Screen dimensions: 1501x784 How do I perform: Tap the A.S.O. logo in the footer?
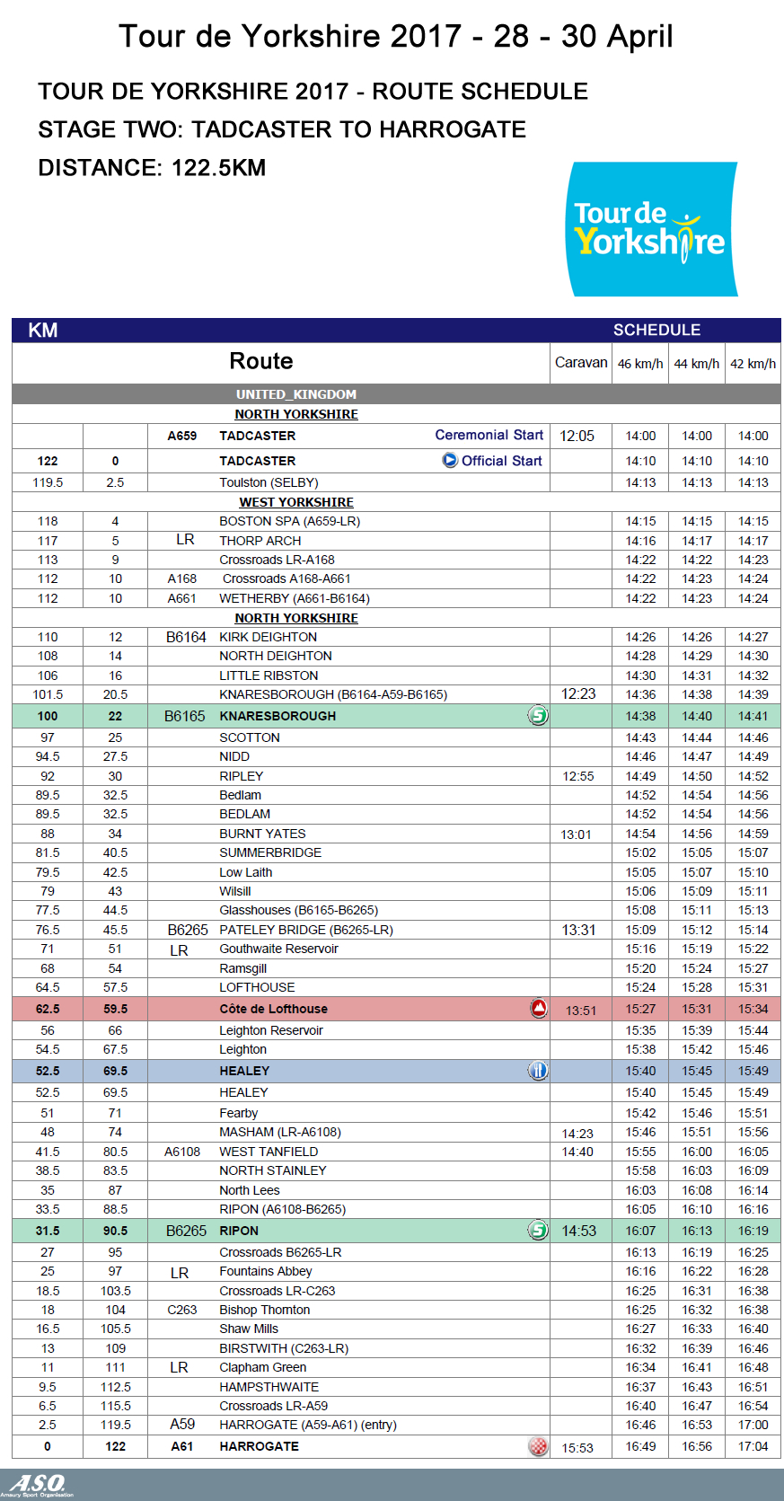(38, 1485)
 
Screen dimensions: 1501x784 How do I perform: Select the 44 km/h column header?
(697, 364)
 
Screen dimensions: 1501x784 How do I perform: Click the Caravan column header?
(581, 363)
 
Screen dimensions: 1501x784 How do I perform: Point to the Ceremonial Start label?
(489, 435)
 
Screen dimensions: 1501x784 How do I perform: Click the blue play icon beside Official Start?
(450, 460)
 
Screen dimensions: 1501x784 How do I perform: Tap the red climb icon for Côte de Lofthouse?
(539, 1008)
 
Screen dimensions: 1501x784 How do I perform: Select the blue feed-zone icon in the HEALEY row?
(538, 1070)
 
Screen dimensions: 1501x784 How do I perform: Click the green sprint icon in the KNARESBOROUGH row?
(538, 716)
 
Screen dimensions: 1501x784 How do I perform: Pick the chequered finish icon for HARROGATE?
(538, 1446)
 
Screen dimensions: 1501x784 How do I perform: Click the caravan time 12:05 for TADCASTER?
(577, 436)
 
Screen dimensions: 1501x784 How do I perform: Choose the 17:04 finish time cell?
(753, 1446)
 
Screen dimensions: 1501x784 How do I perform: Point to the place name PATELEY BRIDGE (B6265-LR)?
(306, 930)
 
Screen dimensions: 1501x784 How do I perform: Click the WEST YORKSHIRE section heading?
(296, 502)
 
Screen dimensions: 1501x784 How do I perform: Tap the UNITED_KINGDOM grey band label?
(296, 394)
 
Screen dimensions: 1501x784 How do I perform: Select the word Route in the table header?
(261, 361)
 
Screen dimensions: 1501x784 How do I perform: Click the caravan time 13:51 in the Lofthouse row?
(581, 1011)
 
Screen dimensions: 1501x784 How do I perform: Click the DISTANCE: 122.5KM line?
(152, 168)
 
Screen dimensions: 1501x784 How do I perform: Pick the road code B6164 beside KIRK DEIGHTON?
(186, 637)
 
